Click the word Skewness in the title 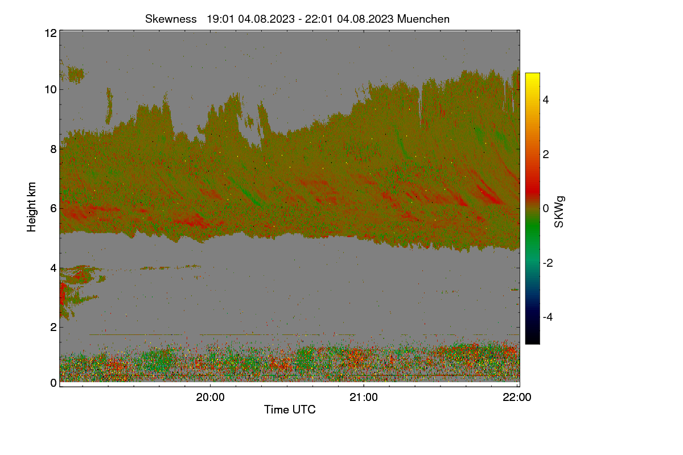(171, 19)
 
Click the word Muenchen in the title (423, 19)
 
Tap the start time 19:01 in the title (220, 19)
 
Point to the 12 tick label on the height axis (51, 33)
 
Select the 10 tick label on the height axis (51, 90)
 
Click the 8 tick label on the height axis (54, 149)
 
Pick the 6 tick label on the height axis (54, 209)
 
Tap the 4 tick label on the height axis (54, 268)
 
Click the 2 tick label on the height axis (54, 327)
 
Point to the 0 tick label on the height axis (54, 383)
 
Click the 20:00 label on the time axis (210, 398)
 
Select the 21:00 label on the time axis (364, 398)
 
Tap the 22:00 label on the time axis (517, 398)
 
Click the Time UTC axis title (290, 409)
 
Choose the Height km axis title (31, 207)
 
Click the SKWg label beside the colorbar (559, 212)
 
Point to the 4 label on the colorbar (546, 100)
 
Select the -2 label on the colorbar (548, 263)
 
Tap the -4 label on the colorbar (548, 317)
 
